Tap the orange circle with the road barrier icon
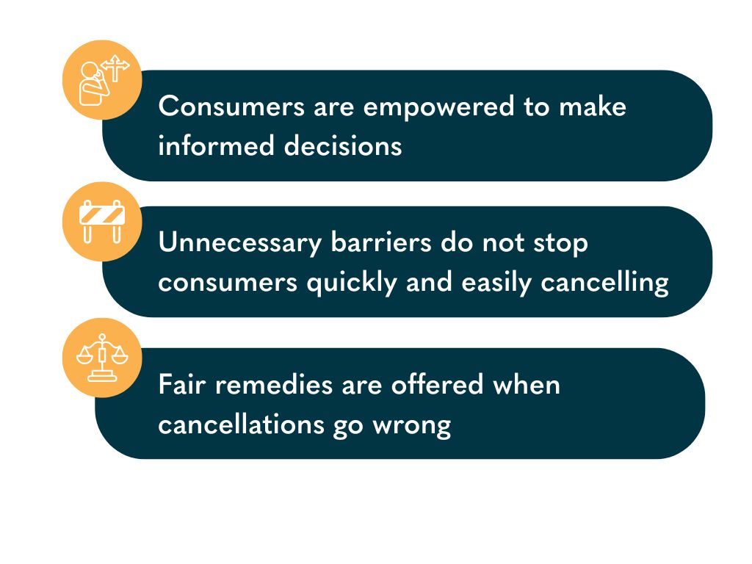click(102, 221)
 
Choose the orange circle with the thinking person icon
click(102, 79)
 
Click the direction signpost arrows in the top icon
click(115, 68)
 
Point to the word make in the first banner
click(593, 107)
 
